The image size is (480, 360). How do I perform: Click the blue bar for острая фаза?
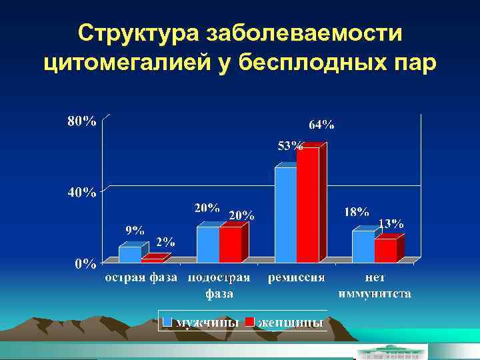pyautogui.click(x=130, y=254)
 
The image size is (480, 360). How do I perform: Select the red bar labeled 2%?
pyautogui.click(x=152, y=260)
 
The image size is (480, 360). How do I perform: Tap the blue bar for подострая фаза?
pyautogui.click(x=208, y=244)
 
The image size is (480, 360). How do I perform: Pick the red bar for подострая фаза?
pyautogui.click(x=230, y=244)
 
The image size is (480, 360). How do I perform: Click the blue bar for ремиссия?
pyautogui.click(x=286, y=214)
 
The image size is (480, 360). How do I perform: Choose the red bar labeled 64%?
pyautogui.click(x=308, y=205)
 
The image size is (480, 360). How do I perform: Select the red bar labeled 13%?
pyautogui.click(x=385, y=250)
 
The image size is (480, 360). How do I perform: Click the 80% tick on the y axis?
pyautogui.click(x=81, y=121)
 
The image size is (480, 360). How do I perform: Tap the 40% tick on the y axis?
pyautogui.click(x=81, y=193)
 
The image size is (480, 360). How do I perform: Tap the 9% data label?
pyautogui.click(x=135, y=230)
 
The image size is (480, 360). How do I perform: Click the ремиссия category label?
pyautogui.click(x=297, y=277)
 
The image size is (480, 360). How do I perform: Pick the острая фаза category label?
pyautogui.click(x=141, y=277)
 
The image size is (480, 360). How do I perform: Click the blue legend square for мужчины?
pyautogui.click(x=168, y=321)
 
